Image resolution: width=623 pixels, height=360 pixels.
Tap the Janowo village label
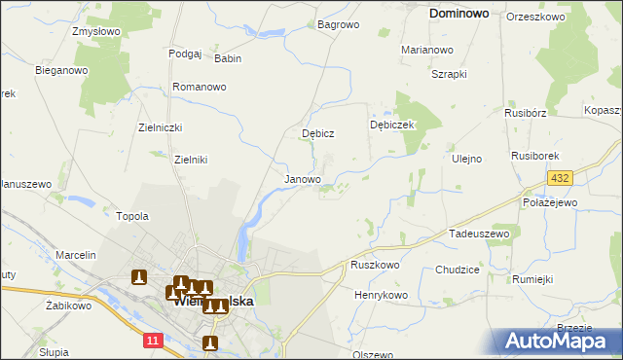point(302,180)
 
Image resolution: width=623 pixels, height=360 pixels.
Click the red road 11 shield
point(152,340)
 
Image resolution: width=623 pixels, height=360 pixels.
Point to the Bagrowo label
point(338,24)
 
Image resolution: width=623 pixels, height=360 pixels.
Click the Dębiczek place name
point(393,126)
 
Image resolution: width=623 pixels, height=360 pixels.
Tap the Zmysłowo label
point(95,31)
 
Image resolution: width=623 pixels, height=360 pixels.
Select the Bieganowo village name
point(61,71)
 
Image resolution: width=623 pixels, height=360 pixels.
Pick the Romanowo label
point(200,87)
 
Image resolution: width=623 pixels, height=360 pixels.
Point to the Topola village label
point(132,216)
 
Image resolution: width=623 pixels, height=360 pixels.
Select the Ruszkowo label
point(375,265)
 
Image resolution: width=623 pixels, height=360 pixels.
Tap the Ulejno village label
point(466,159)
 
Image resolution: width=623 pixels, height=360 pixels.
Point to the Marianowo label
point(427,49)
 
